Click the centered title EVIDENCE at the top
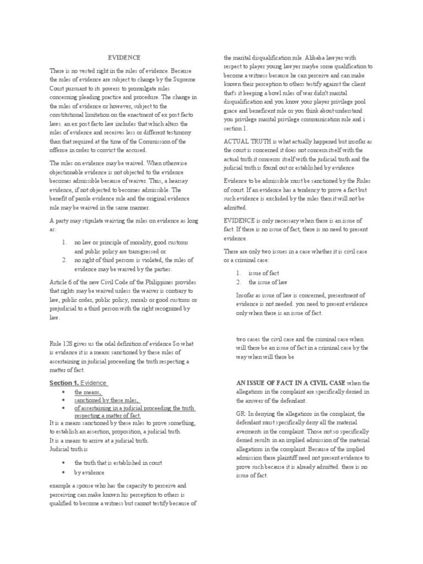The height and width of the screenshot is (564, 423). click(124, 57)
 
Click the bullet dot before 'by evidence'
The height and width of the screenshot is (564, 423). click(64, 472)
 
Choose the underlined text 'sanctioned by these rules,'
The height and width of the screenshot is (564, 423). click(107, 400)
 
